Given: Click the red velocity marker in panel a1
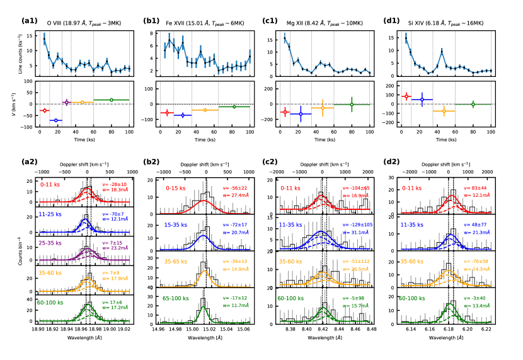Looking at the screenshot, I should coord(43,110).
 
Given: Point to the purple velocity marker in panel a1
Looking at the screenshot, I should coord(66,102).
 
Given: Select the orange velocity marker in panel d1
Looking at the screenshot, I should coord(444,111).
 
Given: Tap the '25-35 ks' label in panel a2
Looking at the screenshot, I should coord(53,241).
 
